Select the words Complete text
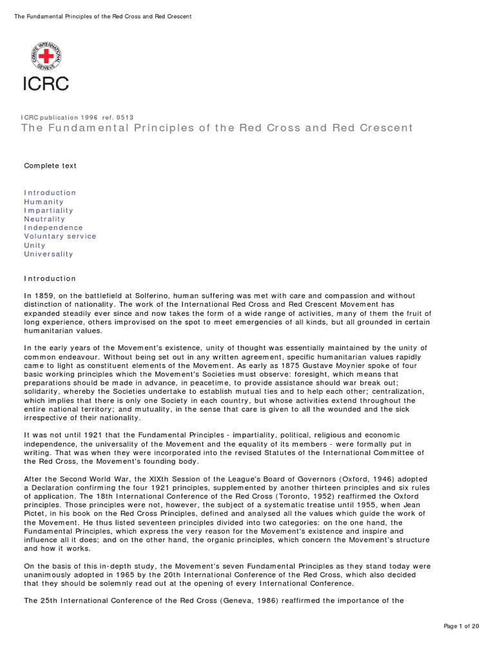pos(50,166)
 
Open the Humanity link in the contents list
pos(44,202)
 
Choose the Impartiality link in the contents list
pos(48,210)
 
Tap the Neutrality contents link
pos(45,219)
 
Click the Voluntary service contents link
pos(60,237)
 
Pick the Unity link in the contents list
pos(35,246)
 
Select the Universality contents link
pos(48,254)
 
